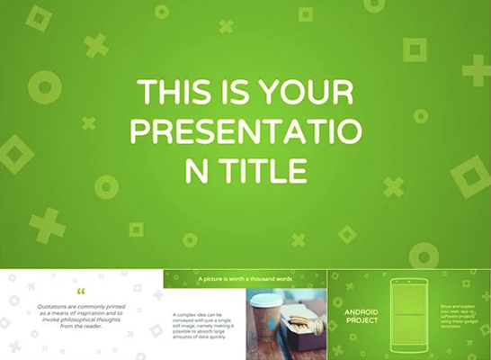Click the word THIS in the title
tap(167, 94)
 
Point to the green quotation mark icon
tap(82, 292)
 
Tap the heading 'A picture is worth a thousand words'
tap(245, 280)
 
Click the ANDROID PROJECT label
tap(360, 316)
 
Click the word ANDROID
tap(361, 311)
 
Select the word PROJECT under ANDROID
tap(360, 320)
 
